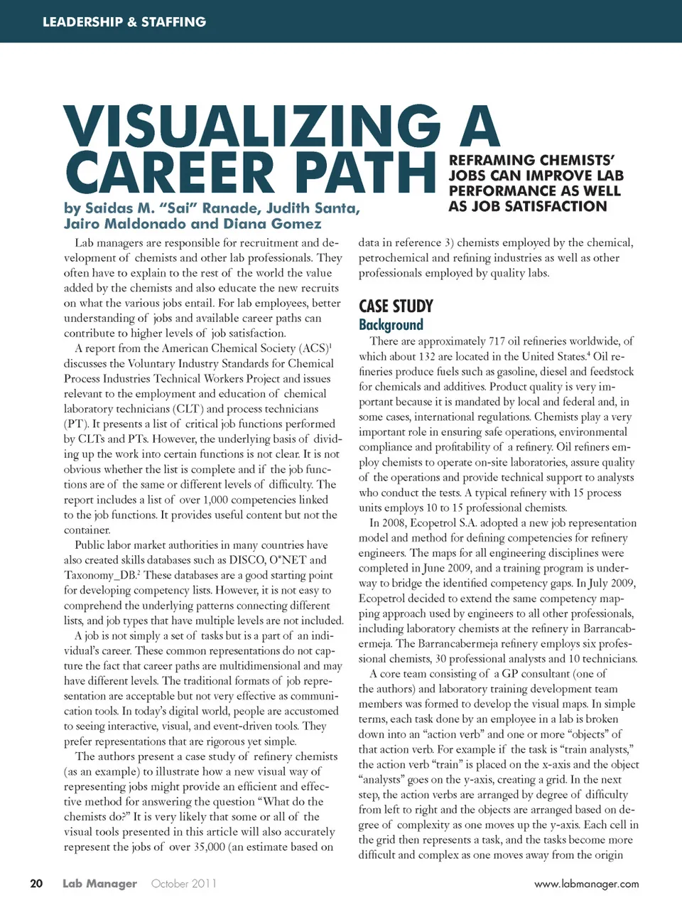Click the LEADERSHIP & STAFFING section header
pos(124,22)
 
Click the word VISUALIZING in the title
pos(252,127)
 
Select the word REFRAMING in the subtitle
pos(492,161)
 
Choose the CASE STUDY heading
pos(396,306)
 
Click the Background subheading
pos(391,325)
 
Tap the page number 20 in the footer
pos(36,884)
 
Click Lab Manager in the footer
pos(99,884)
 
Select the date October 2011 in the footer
pos(183,884)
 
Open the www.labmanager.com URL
pos(586,884)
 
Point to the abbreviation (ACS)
pos(313,348)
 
